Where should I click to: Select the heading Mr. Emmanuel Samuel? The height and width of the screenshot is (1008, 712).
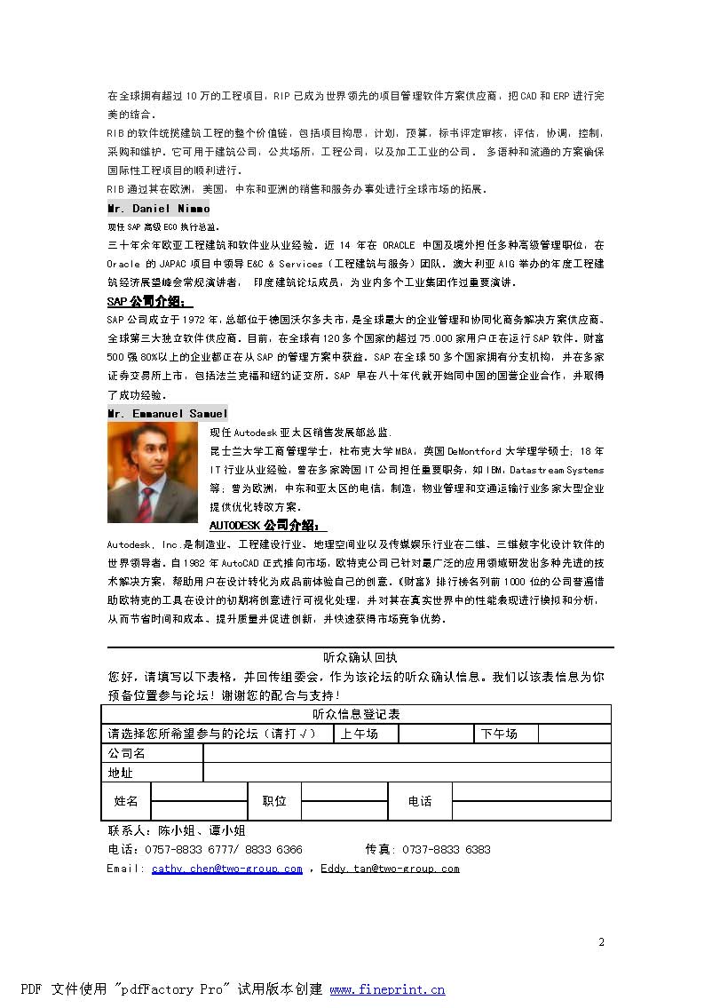point(167,413)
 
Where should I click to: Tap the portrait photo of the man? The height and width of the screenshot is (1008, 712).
point(153,472)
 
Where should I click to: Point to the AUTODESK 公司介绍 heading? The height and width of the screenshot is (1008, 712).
point(263,525)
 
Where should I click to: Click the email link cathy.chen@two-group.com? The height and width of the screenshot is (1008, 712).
point(227,869)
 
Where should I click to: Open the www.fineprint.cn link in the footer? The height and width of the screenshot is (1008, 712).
point(387,989)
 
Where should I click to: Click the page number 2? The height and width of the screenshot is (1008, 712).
point(601,941)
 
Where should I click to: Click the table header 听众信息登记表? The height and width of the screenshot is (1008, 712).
point(356,714)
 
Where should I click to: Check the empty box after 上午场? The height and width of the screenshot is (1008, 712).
point(435,734)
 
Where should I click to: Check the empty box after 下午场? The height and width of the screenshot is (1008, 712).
point(574,734)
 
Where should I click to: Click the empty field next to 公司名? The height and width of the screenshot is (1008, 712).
point(407,753)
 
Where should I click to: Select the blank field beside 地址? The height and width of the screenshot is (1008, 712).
point(407,773)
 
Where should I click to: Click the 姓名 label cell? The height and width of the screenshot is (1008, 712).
point(126,801)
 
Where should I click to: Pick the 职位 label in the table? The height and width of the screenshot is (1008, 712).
point(274,801)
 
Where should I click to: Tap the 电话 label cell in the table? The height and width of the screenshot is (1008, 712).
point(420,801)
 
